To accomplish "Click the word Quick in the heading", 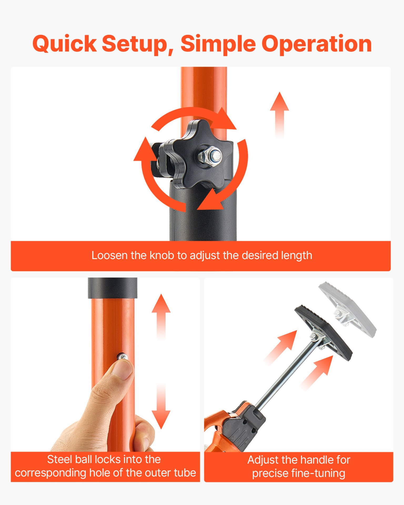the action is [65, 44].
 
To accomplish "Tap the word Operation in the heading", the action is [316, 44].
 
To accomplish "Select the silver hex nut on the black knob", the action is [210, 156].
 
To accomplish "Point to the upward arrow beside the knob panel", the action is [280, 114].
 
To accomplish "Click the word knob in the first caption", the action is [162, 255].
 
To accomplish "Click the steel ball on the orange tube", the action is [122, 357].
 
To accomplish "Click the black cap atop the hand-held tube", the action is [113, 288].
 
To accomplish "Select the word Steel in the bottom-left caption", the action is [60, 459].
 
